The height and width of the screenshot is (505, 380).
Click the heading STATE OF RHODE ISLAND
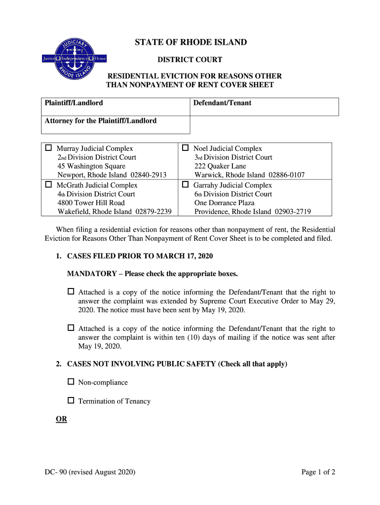click(x=190, y=42)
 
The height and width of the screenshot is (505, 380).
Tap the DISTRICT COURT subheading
click(x=190, y=60)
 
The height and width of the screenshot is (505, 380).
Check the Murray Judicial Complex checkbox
click(x=49, y=148)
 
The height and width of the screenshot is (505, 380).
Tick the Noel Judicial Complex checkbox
click(x=186, y=148)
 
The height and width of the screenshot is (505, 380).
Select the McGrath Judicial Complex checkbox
click(x=49, y=185)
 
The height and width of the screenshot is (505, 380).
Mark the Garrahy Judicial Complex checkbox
click(x=186, y=185)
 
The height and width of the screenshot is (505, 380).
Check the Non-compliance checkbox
click(x=71, y=382)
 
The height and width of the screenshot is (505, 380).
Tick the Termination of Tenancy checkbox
click(x=71, y=400)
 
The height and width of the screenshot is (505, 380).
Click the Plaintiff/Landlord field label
click(x=74, y=103)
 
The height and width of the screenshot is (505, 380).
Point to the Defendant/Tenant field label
click(x=222, y=103)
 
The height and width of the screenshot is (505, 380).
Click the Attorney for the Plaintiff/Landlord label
click(x=101, y=120)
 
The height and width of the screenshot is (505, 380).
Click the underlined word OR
click(x=61, y=419)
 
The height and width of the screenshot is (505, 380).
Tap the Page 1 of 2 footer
click(x=318, y=472)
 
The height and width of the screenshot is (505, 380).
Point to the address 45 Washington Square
click(x=91, y=166)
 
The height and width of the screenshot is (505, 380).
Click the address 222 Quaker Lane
click(x=220, y=166)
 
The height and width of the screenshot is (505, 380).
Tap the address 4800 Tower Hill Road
click(x=91, y=203)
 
